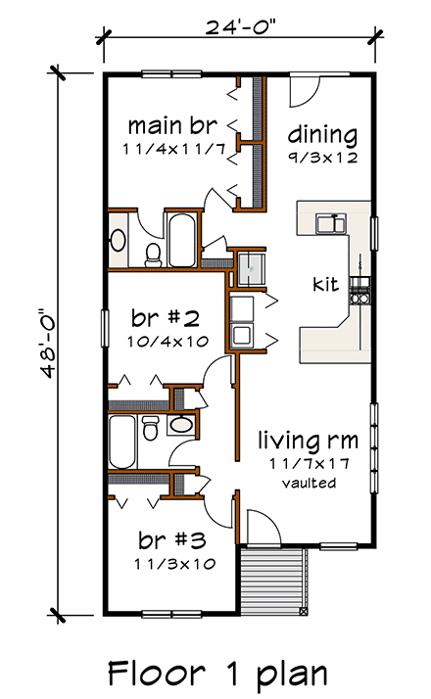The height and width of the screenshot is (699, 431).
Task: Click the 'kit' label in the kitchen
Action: coord(325,285)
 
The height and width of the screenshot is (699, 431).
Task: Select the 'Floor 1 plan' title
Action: coord(215,673)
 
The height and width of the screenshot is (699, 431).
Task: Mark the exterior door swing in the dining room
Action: coord(303,88)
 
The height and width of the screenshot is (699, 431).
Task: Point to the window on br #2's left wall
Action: coord(103,326)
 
